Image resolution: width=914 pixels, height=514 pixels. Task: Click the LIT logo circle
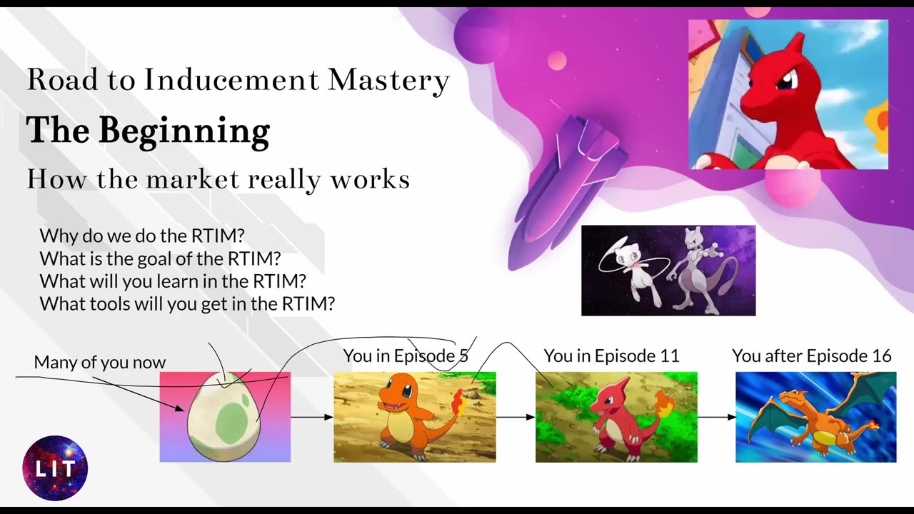55,468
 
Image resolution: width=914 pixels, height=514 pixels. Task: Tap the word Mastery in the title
388,81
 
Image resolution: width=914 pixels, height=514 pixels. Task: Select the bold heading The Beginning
148,131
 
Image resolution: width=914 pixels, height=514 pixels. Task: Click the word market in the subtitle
192,179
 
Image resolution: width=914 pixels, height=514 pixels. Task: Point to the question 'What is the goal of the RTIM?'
161,258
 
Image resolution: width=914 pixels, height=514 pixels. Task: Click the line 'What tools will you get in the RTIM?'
187,304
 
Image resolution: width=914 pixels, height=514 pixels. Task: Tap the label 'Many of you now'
100,362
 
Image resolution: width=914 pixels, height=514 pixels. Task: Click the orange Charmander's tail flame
458,402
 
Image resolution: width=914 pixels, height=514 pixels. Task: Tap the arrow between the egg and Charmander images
312,417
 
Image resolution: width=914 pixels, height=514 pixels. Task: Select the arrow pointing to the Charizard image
716,417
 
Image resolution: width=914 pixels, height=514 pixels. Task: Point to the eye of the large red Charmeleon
785,79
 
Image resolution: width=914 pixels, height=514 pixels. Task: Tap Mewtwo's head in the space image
693,238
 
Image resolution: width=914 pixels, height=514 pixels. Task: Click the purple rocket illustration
567,192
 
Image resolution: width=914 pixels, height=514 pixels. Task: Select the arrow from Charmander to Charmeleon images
516,417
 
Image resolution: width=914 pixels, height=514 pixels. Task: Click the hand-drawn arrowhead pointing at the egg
179,408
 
